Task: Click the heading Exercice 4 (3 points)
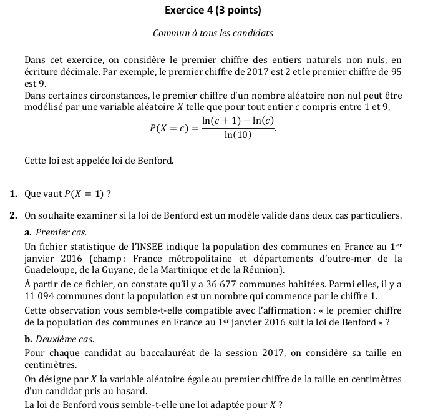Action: click(213, 11)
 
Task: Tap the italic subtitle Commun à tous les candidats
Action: click(213, 33)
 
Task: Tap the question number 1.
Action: click(13, 193)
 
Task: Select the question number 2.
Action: click(13, 216)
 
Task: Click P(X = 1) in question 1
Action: click(84, 193)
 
